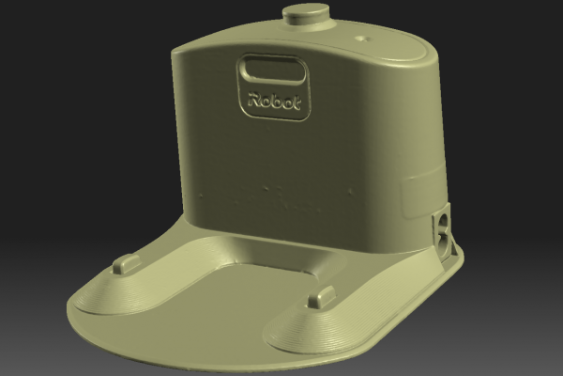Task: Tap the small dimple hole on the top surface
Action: click(x=361, y=38)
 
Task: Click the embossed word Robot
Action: click(x=274, y=102)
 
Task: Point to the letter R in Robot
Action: click(x=254, y=99)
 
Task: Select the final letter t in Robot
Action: click(x=297, y=103)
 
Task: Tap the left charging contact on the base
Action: click(x=127, y=263)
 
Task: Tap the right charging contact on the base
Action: click(x=322, y=296)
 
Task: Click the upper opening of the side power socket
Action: click(x=444, y=221)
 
